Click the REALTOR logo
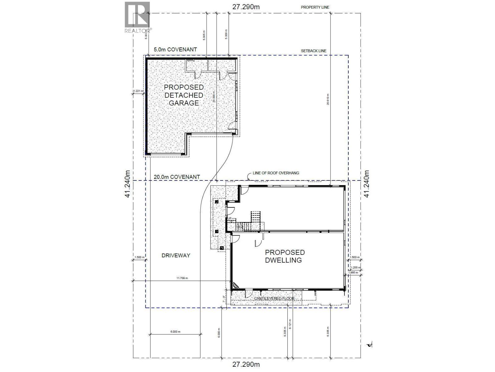[x=137, y=17]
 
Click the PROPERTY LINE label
[x=315, y=7]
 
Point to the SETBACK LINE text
[x=314, y=51]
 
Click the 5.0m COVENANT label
[x=175, y=50]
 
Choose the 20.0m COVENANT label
[x=177, y=177]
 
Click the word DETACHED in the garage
[x=184, y=95]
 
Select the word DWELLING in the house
[x=283, y=260]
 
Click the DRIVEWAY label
[x=176, y=255]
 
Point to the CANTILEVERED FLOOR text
[x=274, y=299]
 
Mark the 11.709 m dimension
[x=182, y=278]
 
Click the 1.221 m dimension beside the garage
[x=137, y=91]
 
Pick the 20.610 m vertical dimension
[x=328, y=99]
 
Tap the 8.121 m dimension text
[x=290, y=324]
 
